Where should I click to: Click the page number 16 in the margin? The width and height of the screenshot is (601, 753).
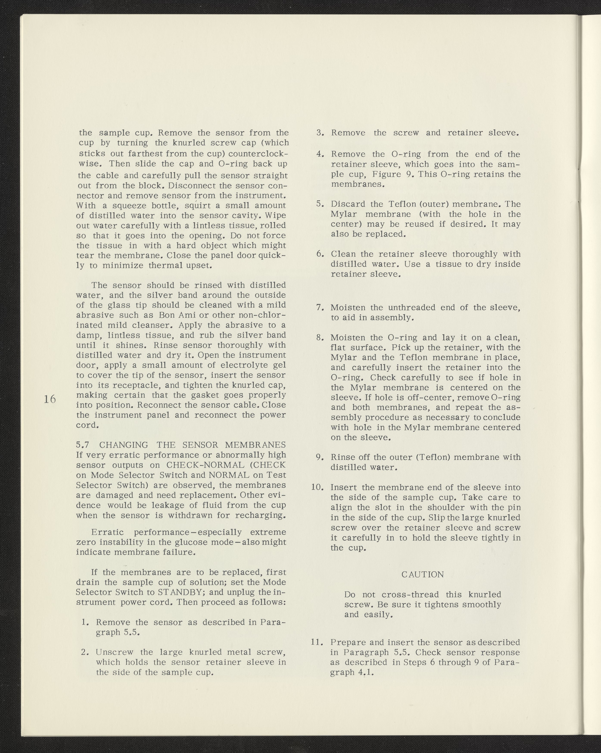50,399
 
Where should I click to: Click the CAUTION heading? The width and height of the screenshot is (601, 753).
423,574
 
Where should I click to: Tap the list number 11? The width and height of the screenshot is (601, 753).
316,642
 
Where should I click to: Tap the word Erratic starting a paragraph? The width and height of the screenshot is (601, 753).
107,532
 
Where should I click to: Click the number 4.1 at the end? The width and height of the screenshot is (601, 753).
365,672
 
